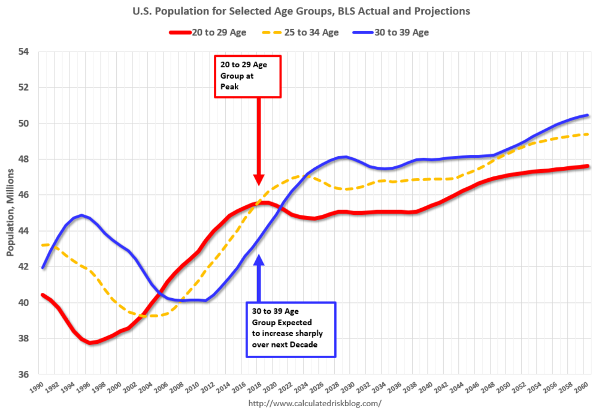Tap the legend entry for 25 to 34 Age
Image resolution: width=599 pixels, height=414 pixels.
[x=303, y=32]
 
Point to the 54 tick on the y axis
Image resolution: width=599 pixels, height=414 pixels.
[x=24, y=52]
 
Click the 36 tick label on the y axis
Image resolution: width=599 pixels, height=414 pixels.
[x=24, y=374]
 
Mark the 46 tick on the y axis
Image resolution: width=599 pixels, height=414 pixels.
[x=24, y=195]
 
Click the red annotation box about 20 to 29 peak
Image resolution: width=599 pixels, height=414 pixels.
[x=247, y=76]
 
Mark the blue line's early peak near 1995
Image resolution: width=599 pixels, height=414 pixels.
[x=81, y=215]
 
